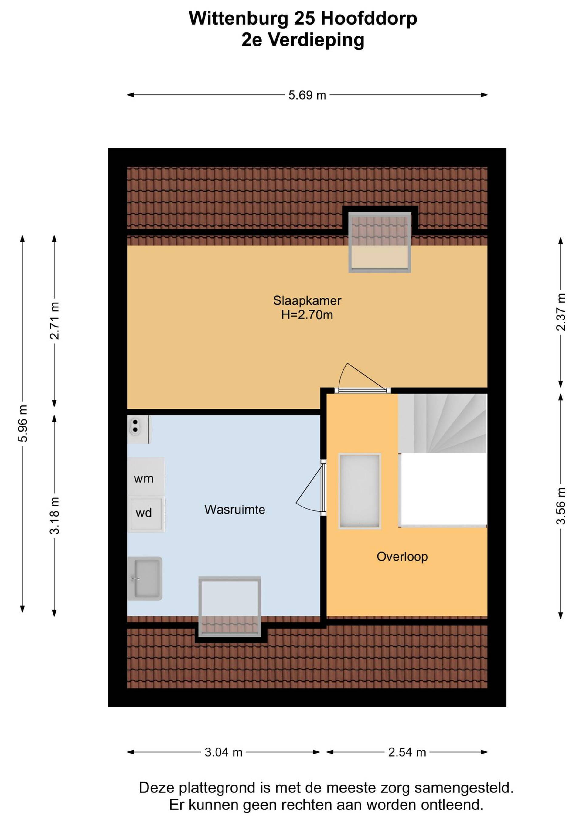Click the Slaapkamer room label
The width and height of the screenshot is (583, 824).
coord(307,300)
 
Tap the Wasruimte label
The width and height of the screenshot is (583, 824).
coord(235,510)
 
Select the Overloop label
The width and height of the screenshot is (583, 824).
coord(402,557)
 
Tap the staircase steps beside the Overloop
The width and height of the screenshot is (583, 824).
coord(442,423)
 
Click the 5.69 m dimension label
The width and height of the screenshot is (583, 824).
coord(307,96)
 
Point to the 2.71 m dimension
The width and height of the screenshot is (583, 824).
coord(55,321)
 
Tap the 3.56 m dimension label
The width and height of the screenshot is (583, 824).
coord(561,506)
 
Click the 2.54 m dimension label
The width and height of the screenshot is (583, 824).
coord(407,752)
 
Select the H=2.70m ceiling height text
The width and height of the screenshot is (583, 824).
coord(307,315)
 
